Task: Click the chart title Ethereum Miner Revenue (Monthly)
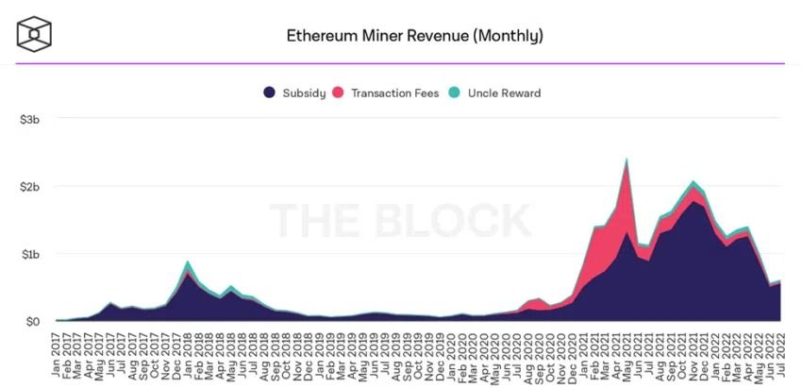tap(414, 37)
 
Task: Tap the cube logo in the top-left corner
tap(34, 34)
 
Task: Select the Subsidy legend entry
tap(302, 93)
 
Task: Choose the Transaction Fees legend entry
tap(393, 93)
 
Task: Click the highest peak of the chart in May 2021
tap(627, 160)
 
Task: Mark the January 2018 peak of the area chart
tap(189, 262)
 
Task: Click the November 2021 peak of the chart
tap(693, 182)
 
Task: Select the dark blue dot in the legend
tap(269, 93)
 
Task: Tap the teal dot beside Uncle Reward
tap(454, 93)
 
